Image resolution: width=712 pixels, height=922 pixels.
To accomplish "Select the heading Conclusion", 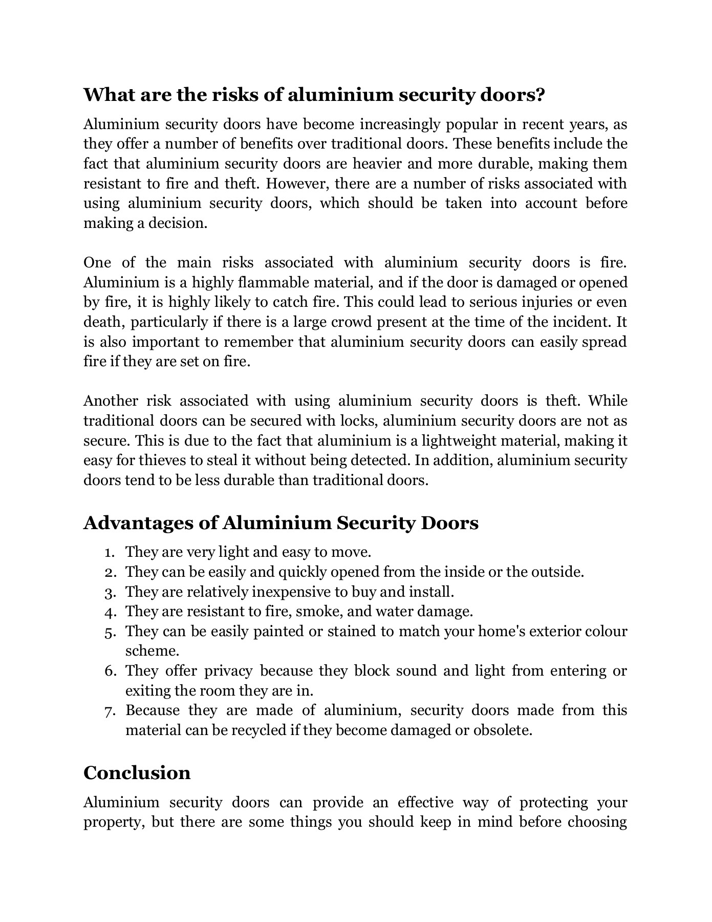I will point(137,772).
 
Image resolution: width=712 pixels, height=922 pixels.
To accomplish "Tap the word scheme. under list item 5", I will point(152,651).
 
